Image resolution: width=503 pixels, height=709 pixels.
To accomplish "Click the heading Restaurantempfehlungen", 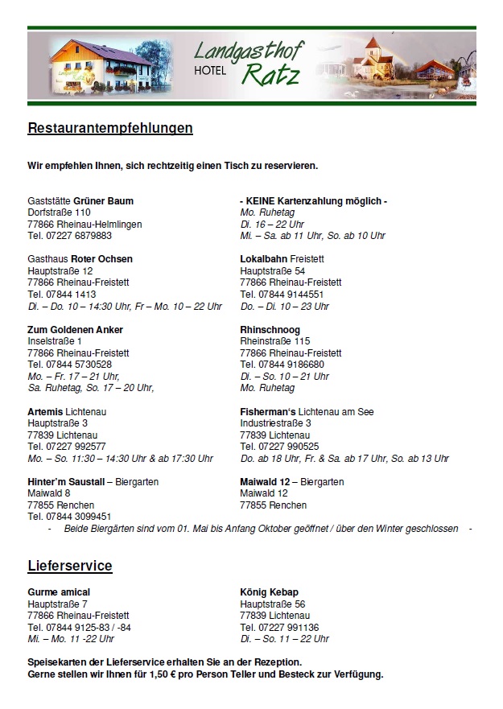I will pyautogui.click(x=110, y=128).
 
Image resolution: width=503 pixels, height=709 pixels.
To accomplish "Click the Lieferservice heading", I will pyautogui.click(x=70, y=566).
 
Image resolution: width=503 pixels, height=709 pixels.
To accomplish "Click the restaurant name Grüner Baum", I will pyautogui.click(x=104, y=200).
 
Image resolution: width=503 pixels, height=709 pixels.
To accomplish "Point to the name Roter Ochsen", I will pyautogui.click(x=101, y=259).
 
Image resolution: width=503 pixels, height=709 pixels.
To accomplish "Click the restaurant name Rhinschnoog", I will pyautogui.click(x=270, y=330).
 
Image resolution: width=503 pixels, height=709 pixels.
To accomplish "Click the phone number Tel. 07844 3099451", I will pyautogui.click(x=69, y=517).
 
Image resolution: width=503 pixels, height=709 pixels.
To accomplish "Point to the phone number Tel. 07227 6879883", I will pyautogui.click(x=69, y=236).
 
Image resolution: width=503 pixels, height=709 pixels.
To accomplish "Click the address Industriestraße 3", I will pyautogui.click(x=275, y=423).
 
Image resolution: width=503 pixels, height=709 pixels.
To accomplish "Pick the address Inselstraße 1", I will pyautogui.click(x=55, y=341).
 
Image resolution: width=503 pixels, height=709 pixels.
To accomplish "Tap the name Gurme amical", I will pyautogui.click(x=59, y=592).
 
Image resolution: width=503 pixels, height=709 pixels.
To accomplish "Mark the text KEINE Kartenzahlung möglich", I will pyautogui.click(x=314, y=200).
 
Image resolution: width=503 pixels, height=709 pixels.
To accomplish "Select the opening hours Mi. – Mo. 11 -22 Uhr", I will pyautogui.click(x=71, y=639).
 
